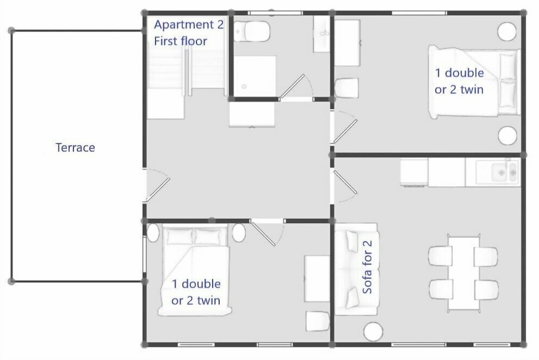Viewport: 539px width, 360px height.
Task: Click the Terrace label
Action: (75, 148)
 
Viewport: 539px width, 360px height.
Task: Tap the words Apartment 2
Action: (189, 25)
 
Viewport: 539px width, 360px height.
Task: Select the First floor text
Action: (181, 41)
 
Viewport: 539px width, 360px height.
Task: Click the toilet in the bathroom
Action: (252, 31)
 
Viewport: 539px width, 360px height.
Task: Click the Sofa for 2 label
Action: (367, 267)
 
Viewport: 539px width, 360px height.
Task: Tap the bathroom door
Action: (295, 87)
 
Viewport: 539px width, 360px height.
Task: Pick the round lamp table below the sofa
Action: (374, 332)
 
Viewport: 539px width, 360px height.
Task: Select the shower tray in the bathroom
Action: (255, 75)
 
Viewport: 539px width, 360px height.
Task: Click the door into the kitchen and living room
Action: (344, 186)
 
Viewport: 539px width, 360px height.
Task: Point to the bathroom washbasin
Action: (322, 33)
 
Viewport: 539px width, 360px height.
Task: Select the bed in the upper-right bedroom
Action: (474, 82)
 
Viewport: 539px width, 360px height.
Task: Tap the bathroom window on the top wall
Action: (275, 13)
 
